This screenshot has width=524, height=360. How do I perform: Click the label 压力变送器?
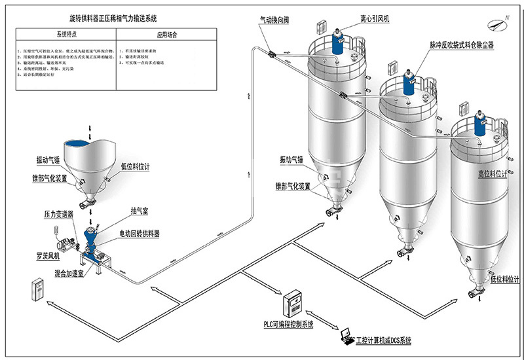click(x=58, y=213)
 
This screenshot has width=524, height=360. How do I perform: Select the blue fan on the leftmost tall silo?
click(x=338, y=43)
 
